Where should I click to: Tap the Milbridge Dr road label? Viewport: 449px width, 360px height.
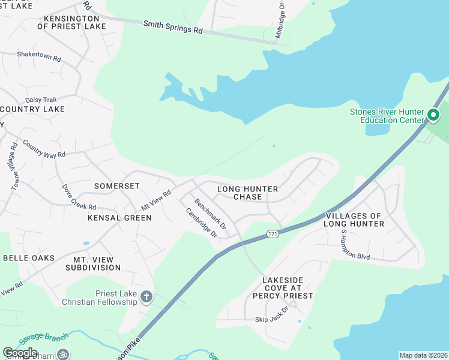(x=279, y=20)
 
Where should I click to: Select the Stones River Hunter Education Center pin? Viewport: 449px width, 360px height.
(x=433, y=114)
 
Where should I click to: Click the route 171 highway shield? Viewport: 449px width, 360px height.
(x=273, y=233)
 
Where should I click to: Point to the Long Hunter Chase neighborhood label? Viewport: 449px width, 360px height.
(x=247, y=193)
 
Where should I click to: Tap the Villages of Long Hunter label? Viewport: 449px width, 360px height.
(x=354, y=220)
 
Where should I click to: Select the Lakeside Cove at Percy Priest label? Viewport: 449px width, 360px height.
(x=288, y=288)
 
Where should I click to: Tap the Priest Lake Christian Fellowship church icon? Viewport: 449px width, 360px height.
(x=146, y=296)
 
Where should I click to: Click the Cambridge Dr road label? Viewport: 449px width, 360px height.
(x=200, y=223)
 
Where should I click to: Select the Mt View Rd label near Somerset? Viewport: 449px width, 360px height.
(x=156, y=200)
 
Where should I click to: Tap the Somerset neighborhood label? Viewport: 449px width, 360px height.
(x=117, y=187)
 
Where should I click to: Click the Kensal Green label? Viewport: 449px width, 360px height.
(x=119, y=217)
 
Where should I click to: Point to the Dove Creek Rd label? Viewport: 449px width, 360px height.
(x=79, y=196)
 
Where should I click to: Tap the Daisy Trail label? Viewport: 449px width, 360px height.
(x=40, y=100)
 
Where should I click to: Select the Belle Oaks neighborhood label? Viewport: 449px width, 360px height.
(x=29, y=258)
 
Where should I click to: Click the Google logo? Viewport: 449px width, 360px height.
(x=20, y=352)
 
